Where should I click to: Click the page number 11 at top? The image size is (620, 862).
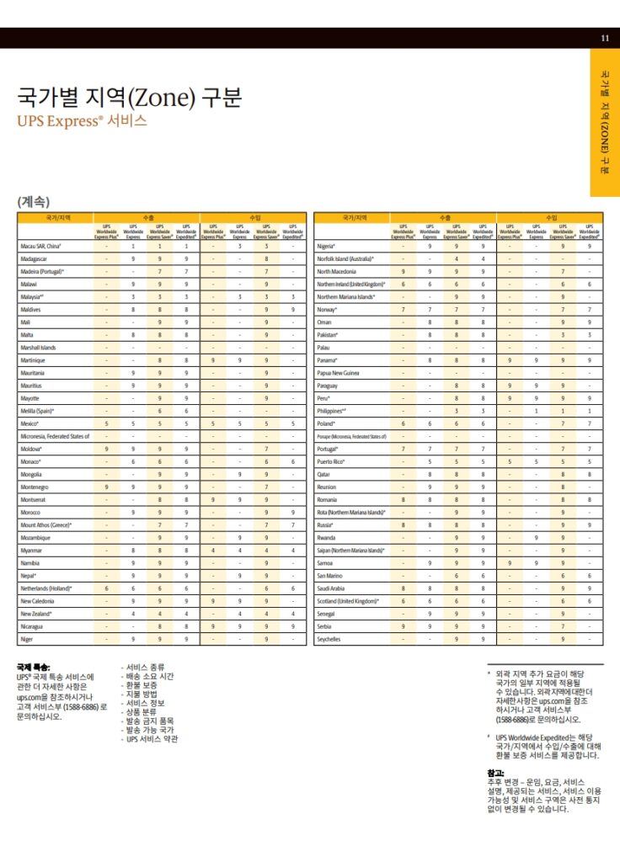coord(605,38)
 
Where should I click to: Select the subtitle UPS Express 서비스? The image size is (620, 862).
coord(82,120)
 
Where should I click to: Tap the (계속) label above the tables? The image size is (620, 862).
coord(34,201)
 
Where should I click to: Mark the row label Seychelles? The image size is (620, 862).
coord(329,639)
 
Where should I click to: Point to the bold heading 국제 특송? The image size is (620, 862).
coord(34,667)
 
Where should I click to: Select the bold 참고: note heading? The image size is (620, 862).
coord(495,772)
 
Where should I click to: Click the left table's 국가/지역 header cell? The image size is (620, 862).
coord(55,217)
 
